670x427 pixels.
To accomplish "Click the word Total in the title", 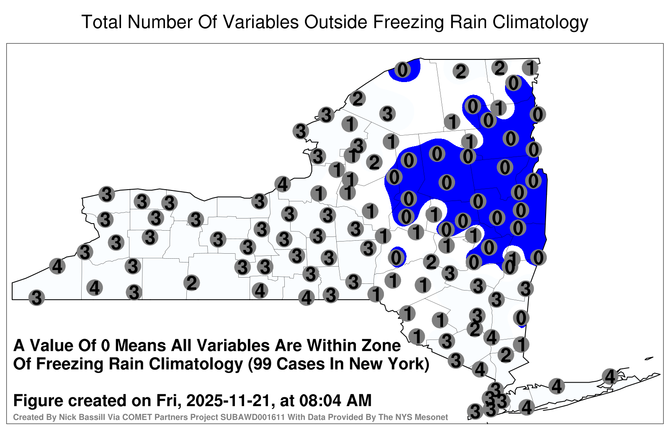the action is (x=102, y=22).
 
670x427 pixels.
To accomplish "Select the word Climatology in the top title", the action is (x=541, y=23).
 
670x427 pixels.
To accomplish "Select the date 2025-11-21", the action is (x=228, y=400).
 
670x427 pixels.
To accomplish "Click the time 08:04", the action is (x=320, y=400).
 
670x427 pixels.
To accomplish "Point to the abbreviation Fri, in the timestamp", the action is (x=169, y=401).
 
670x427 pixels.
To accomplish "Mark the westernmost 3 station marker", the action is (x=36, y=298).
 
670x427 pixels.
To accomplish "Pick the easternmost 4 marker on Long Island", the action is (x=610, y=376).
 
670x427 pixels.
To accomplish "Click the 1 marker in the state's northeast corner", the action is (x=530, y=68).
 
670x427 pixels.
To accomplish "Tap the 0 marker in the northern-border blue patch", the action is (x=402, y=70).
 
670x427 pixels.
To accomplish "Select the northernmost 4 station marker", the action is (x=282, y=184).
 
